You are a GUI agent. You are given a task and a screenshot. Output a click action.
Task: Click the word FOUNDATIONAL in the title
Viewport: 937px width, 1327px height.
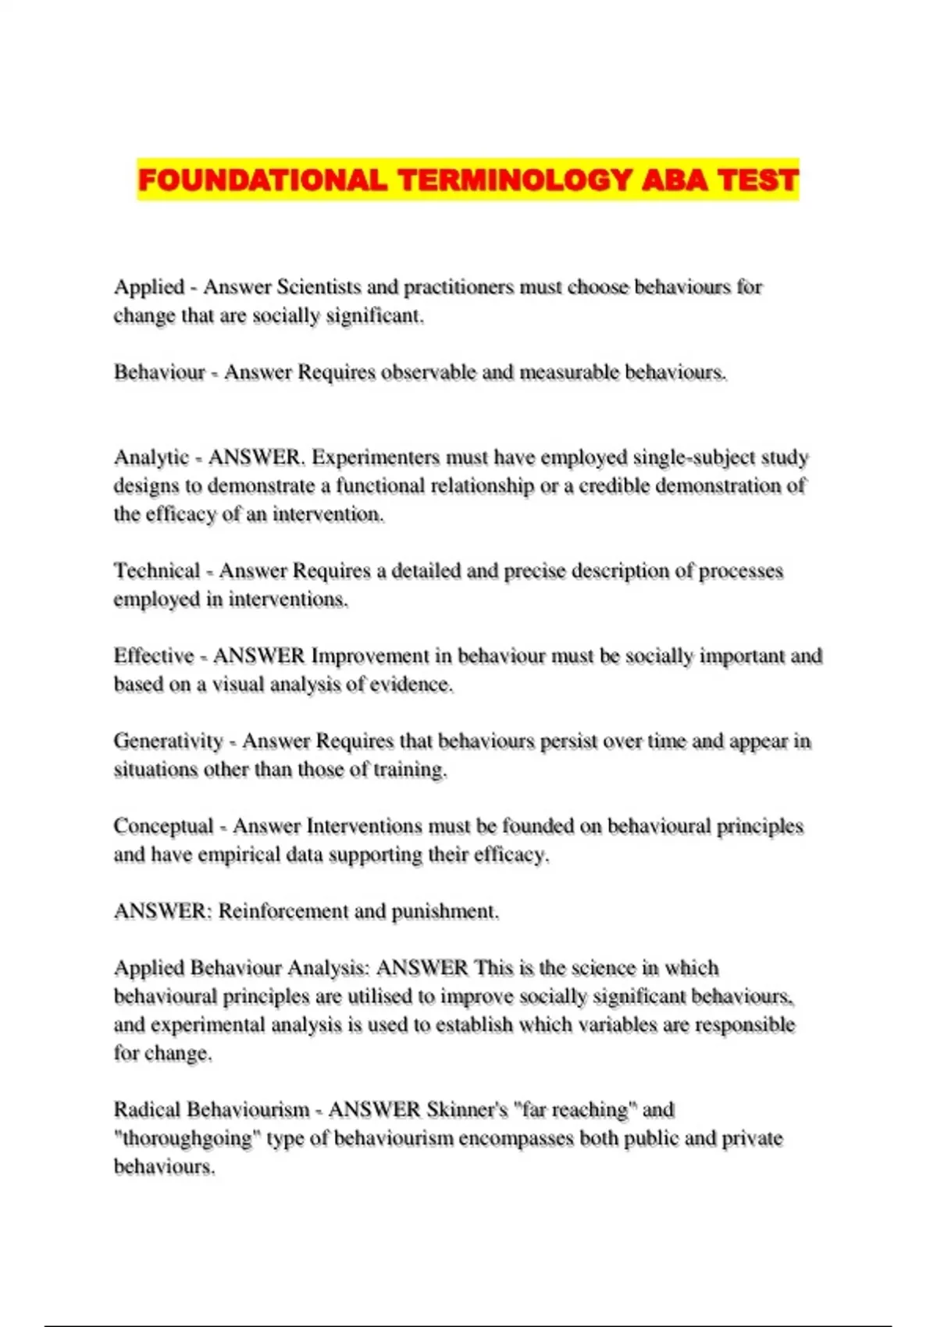tap(262, 180)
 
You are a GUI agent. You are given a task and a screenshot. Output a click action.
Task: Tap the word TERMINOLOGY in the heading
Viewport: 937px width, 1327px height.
tap(515, 180)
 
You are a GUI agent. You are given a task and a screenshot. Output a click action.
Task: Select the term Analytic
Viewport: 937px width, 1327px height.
tap(151, 457)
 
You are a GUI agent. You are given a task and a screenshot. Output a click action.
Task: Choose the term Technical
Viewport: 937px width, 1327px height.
tap(157, 571)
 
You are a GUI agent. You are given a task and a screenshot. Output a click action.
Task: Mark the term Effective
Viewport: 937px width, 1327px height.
tap(153, 656)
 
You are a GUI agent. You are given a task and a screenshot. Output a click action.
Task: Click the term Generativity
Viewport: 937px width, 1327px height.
tap(168, 741)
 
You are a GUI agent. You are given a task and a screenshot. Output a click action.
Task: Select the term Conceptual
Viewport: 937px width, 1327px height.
tap(163, 826)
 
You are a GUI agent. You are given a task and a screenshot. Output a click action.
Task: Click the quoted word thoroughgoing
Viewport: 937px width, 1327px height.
tap(187, 1139)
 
